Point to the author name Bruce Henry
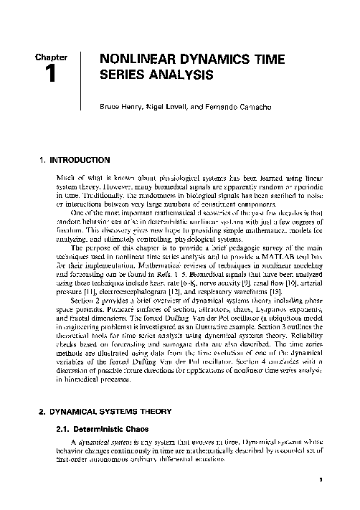click(x=123, y=106)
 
